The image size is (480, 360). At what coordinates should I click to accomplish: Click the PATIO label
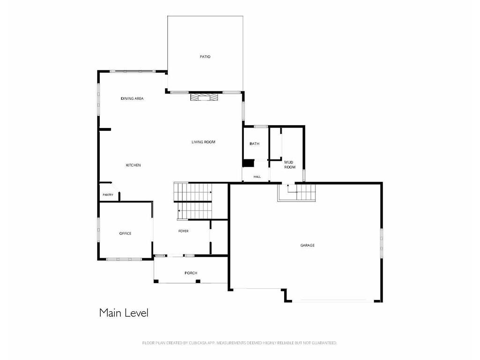205,57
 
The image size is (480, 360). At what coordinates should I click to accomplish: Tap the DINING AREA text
132,98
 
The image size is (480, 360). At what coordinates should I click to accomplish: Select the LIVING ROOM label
203,142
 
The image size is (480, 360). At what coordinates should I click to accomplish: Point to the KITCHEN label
134,165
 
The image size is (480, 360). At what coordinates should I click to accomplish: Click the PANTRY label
108,195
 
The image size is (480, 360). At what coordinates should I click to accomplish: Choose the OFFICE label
125,233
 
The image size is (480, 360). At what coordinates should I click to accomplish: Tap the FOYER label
184,231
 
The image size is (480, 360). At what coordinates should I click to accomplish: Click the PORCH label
191,273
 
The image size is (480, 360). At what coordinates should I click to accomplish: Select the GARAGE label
307,246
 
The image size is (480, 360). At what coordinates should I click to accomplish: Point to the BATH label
255,144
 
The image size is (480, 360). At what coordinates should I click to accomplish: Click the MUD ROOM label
290,165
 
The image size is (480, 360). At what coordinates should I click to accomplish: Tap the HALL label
257,177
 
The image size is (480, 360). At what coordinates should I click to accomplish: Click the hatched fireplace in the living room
205,97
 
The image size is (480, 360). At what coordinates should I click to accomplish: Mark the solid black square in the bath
248,163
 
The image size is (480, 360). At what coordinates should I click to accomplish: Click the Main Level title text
124,313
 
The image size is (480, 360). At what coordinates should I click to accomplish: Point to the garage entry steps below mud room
297,192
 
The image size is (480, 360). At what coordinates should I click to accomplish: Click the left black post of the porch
157,281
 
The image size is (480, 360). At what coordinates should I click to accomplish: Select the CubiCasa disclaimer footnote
240,343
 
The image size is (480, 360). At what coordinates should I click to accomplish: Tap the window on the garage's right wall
382,243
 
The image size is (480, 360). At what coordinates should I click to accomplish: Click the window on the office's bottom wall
124,259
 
